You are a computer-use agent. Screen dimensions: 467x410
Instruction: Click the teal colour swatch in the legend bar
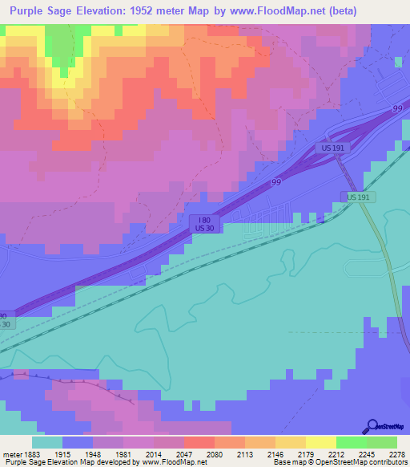pos(47,442)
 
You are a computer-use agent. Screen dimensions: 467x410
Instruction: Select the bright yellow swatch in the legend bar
pos(320,442)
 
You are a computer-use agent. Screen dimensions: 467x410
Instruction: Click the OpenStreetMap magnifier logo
pos(372,427)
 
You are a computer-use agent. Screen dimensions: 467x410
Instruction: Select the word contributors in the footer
pos(388,462)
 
